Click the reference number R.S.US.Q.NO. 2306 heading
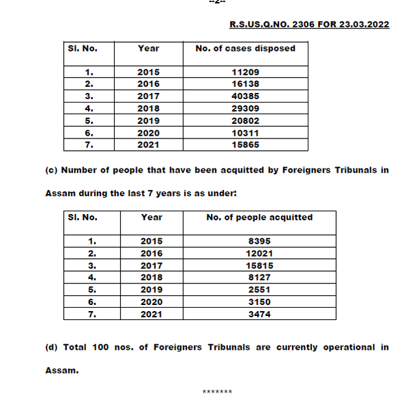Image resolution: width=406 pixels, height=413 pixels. tap(309, 24)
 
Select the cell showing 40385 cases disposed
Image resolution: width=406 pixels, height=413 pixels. tap(246, 96)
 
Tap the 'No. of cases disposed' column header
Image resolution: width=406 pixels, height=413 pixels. tap(245, 48)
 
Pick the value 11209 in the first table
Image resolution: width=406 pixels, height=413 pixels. tap(246, 72)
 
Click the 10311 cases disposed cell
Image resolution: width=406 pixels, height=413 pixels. tap(246, 132)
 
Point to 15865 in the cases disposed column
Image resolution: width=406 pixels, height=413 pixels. tap(246, 145)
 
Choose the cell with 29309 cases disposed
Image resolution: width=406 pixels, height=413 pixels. tap(246, 108)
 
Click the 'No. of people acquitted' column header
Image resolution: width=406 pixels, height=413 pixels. tap(259, 217)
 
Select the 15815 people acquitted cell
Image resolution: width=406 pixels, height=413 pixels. tap(259, 265)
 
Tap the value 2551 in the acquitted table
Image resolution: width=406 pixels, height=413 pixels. tap(259, 290)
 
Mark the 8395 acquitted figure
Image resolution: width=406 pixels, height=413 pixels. tap(259, 241)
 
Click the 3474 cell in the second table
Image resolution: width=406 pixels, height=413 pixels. tap(259, 314)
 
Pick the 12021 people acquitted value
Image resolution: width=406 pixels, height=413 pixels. tap(259, 253)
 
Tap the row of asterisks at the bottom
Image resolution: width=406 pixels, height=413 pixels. tap(217, 392)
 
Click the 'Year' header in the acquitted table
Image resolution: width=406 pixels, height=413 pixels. tap(151, 217)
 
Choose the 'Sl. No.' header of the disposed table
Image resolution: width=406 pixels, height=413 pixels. tap(82, 48)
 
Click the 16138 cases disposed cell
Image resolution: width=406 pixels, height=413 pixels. tap(246, 84)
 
